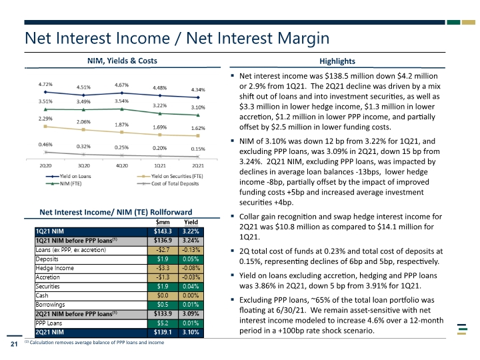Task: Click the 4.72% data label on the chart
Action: (45, 84)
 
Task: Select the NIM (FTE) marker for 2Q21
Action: (198, 115)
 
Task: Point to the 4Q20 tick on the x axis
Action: (122, 165)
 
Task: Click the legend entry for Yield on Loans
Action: (69, 176)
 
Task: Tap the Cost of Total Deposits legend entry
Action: (168, 184)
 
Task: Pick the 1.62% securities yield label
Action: (198, 128)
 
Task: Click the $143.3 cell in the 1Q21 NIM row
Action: (163, 231)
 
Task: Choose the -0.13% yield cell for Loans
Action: (191, 250)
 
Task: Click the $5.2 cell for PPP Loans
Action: (163, 323)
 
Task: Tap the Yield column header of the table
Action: (191, 222)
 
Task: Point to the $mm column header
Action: (163, 222)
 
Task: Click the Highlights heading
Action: (337, 61)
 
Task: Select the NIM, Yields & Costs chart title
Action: (122, 61)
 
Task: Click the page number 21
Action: (14, 344)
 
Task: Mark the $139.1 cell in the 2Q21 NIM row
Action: (163, 332)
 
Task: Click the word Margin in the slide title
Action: (303, 39)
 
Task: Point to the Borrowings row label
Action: (50, 305)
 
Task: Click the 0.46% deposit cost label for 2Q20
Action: (45, 145)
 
